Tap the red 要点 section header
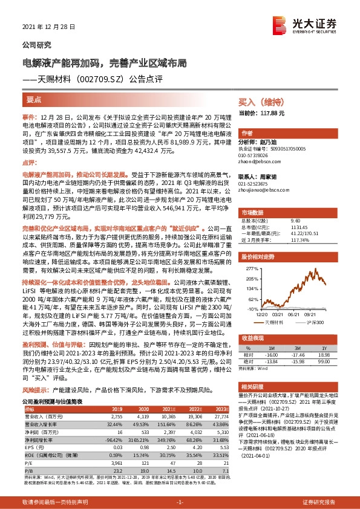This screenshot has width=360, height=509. point(34,99)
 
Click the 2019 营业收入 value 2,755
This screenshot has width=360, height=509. point(115,417)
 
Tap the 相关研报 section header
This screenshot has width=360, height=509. point(255,386)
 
